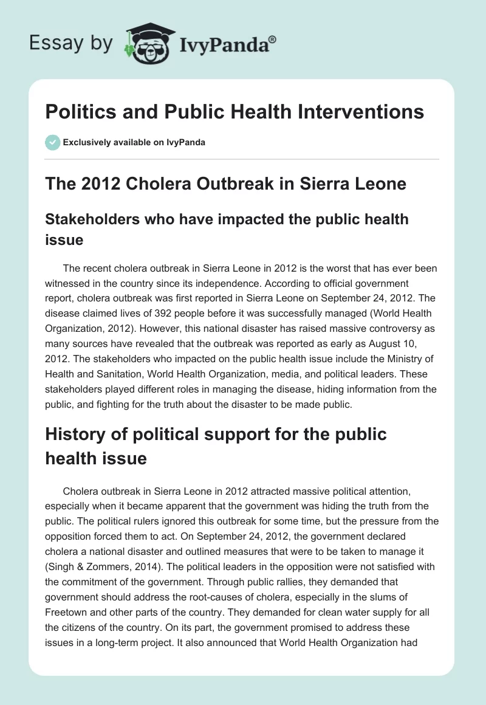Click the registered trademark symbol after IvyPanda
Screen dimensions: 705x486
273,40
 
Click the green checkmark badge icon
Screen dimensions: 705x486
53,143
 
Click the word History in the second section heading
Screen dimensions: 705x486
74,435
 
